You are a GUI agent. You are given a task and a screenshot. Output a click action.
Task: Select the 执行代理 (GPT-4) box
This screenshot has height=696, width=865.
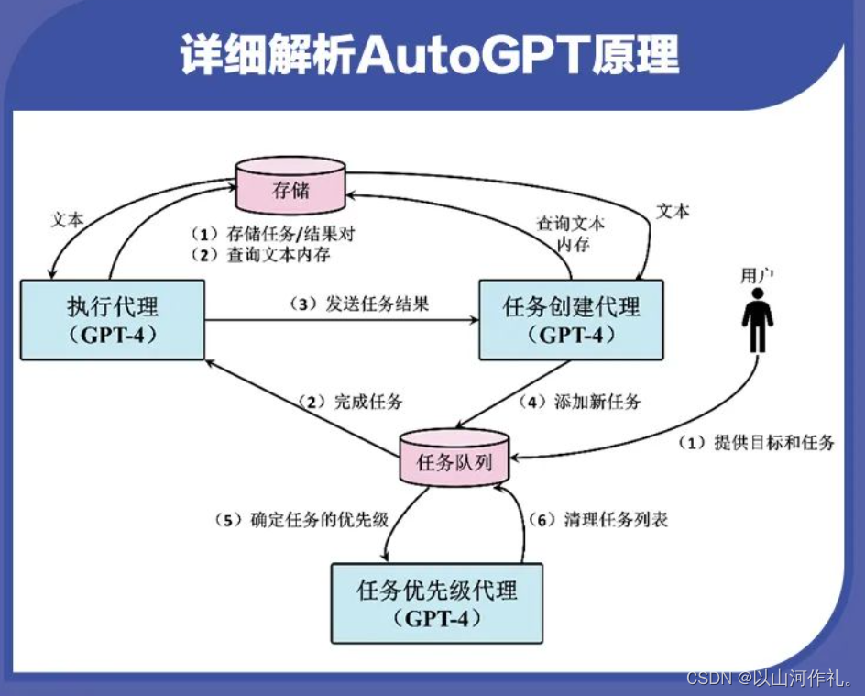click(x=112, y=319)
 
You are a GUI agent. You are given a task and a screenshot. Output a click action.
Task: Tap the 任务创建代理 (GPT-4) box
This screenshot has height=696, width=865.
click(x=571, y=319)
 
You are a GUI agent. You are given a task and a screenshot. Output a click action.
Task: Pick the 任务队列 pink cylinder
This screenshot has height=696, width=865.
click(x=454, y=458)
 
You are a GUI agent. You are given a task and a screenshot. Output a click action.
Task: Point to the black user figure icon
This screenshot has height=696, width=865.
click(x=757, y=321)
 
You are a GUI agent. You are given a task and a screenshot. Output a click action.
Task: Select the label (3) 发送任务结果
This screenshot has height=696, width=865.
click(x=365, y=304)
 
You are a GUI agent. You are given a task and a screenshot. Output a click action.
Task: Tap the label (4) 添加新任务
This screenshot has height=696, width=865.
click(x=580, y=401)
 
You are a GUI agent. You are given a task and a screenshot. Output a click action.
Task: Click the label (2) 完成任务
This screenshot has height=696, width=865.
click(x=349, y=402)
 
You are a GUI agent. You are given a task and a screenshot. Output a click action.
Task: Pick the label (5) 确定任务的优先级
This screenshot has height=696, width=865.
click(x=302, y=520)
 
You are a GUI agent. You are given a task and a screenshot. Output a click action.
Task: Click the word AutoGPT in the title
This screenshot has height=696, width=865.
click(x=448, y=58)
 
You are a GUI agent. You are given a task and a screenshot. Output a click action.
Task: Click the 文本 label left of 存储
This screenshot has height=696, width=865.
click(x=67, y=220)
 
